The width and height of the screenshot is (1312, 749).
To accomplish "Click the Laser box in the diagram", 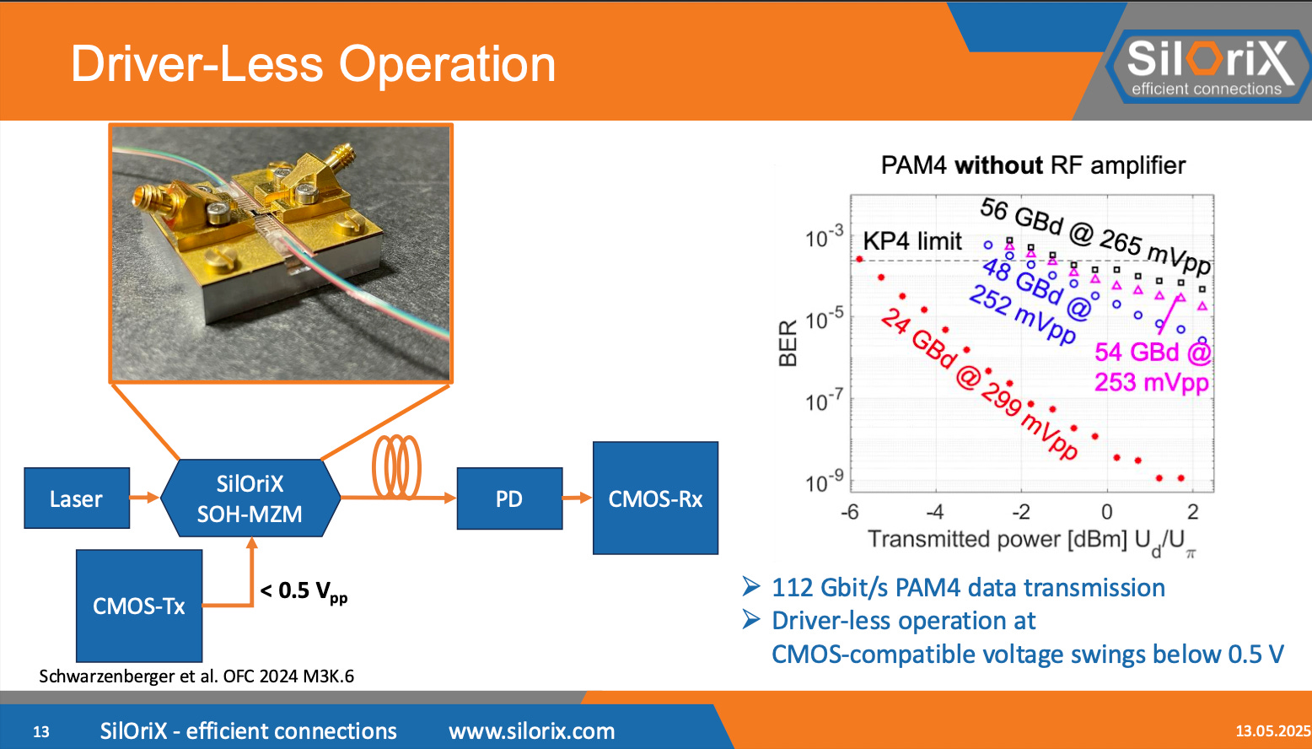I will (x=77, y=498).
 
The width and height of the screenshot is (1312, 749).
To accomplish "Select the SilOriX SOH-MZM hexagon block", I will (x=250, y=498).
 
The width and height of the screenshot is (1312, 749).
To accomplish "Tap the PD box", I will (x=509, y=498).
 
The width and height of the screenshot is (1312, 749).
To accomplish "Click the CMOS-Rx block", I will (x=655, y=498).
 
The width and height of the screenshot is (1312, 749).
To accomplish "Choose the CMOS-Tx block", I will (x=139, y=606).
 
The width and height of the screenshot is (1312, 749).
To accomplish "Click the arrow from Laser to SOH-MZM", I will (x=144, y=498).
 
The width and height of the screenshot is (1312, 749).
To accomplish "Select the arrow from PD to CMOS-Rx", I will (x=578, y=498).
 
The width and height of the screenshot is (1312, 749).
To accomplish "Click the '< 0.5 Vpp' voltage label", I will (x=304, y=592).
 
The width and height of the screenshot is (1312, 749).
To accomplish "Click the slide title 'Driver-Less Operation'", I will (x=313, y=64).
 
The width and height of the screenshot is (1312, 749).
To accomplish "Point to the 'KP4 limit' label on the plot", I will (x=912, y=241).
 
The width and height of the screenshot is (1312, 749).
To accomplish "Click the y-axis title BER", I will (x=788, y=343).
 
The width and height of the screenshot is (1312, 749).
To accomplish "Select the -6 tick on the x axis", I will (x=850, y=512).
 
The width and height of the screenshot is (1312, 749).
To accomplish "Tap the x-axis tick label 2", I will (x=1192, y=512).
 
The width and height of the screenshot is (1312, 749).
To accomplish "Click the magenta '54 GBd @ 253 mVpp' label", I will (x=1152, y=367).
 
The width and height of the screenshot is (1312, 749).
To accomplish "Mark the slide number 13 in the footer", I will (x=41, y=731).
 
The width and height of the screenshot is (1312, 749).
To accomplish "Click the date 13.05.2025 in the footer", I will (x=1272, y=731).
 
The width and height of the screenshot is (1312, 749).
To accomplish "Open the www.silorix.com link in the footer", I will (x=531, y=731).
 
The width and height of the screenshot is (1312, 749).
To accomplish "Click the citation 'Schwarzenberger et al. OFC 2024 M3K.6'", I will (x=196, y=676).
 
